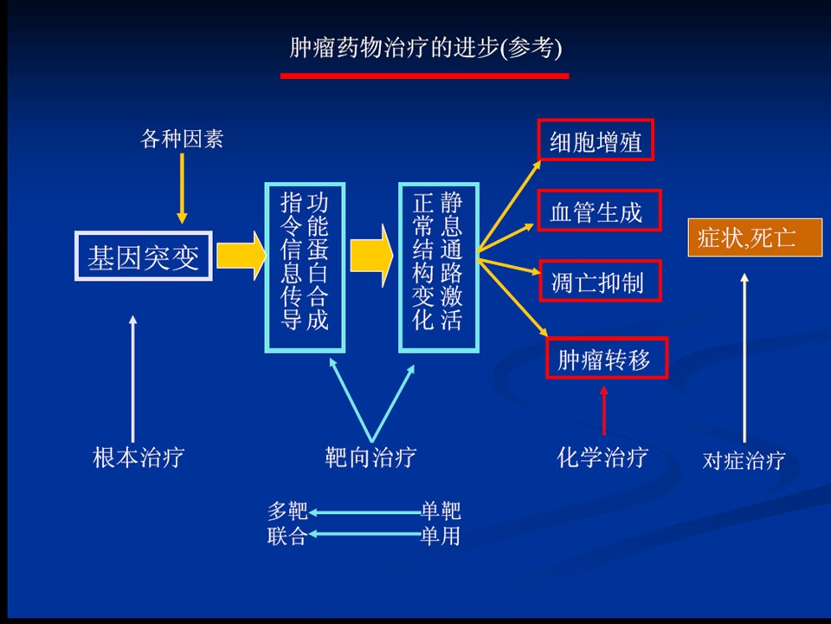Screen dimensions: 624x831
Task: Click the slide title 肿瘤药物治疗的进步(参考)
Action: (425, 48)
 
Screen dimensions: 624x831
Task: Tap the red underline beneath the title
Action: (424, 75)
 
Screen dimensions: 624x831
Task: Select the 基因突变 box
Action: (144, 256)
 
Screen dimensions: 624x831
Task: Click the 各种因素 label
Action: (182, 139)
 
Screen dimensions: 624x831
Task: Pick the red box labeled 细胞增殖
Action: (596, 141)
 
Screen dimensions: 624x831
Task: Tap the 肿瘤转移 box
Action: (607, 358)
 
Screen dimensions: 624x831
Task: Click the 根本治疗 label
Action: (138, 457)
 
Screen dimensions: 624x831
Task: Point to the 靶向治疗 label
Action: (370, 457)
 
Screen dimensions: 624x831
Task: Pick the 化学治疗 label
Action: (602, 457)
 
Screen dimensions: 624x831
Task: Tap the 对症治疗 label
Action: (744, 459)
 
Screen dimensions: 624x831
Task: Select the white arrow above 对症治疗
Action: (744, 355)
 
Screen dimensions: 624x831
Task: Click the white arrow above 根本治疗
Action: (132, 377)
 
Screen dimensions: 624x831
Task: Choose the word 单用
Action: (441, 536)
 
